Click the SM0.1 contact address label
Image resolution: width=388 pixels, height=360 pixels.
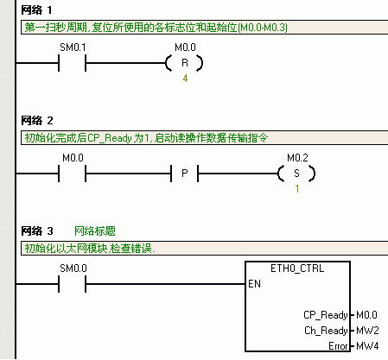click(x=73, y=47)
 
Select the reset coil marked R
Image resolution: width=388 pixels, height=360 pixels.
click(x=185, y=63)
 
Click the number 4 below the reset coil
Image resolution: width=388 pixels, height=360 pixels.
click(x=185, y=79)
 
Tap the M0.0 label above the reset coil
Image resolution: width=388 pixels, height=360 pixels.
click(x=185, y=47)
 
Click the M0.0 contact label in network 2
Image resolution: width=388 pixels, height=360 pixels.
click(x=73, y=158)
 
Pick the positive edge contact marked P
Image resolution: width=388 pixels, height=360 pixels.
click(x=185, y=174)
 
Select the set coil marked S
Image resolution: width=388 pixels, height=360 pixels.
click(x=296, y=174)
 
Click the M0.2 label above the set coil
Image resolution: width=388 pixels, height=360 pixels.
click(x=297, y=158)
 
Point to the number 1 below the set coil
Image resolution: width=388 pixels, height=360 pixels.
click(x=297, y=189)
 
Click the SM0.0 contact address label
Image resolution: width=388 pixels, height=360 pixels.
click(x=73, y=268)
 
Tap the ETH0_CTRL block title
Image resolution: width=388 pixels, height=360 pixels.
click(x=297, y=268)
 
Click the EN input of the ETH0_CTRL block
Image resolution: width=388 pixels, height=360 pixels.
click(x=254, y=284)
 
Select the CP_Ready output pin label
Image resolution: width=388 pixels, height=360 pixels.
click(x=326, y=315)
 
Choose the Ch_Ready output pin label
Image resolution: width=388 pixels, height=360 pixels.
click(x=326, y=331)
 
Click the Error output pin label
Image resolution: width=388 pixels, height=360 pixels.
click(x=338, y=346)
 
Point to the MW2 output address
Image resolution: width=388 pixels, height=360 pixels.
click(x=367, y=331)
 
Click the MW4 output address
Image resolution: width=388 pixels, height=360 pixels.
click(x=367, y=346)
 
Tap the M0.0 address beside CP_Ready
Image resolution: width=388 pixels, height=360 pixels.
click(x=366, y=315)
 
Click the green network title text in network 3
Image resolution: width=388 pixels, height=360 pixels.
click(x=95, y=231)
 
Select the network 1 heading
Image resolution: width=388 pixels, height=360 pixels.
click(x=36, y=10)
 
